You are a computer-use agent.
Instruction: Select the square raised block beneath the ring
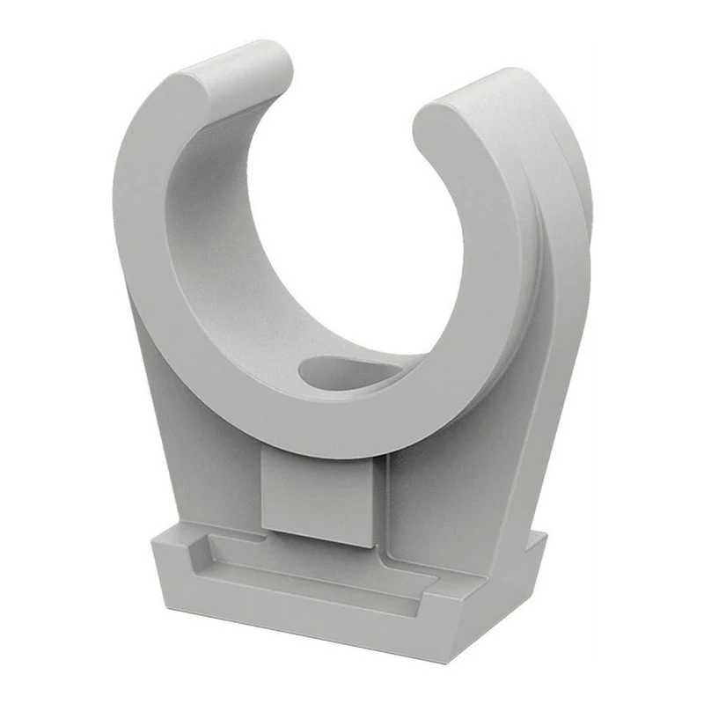tap(321, 497)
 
